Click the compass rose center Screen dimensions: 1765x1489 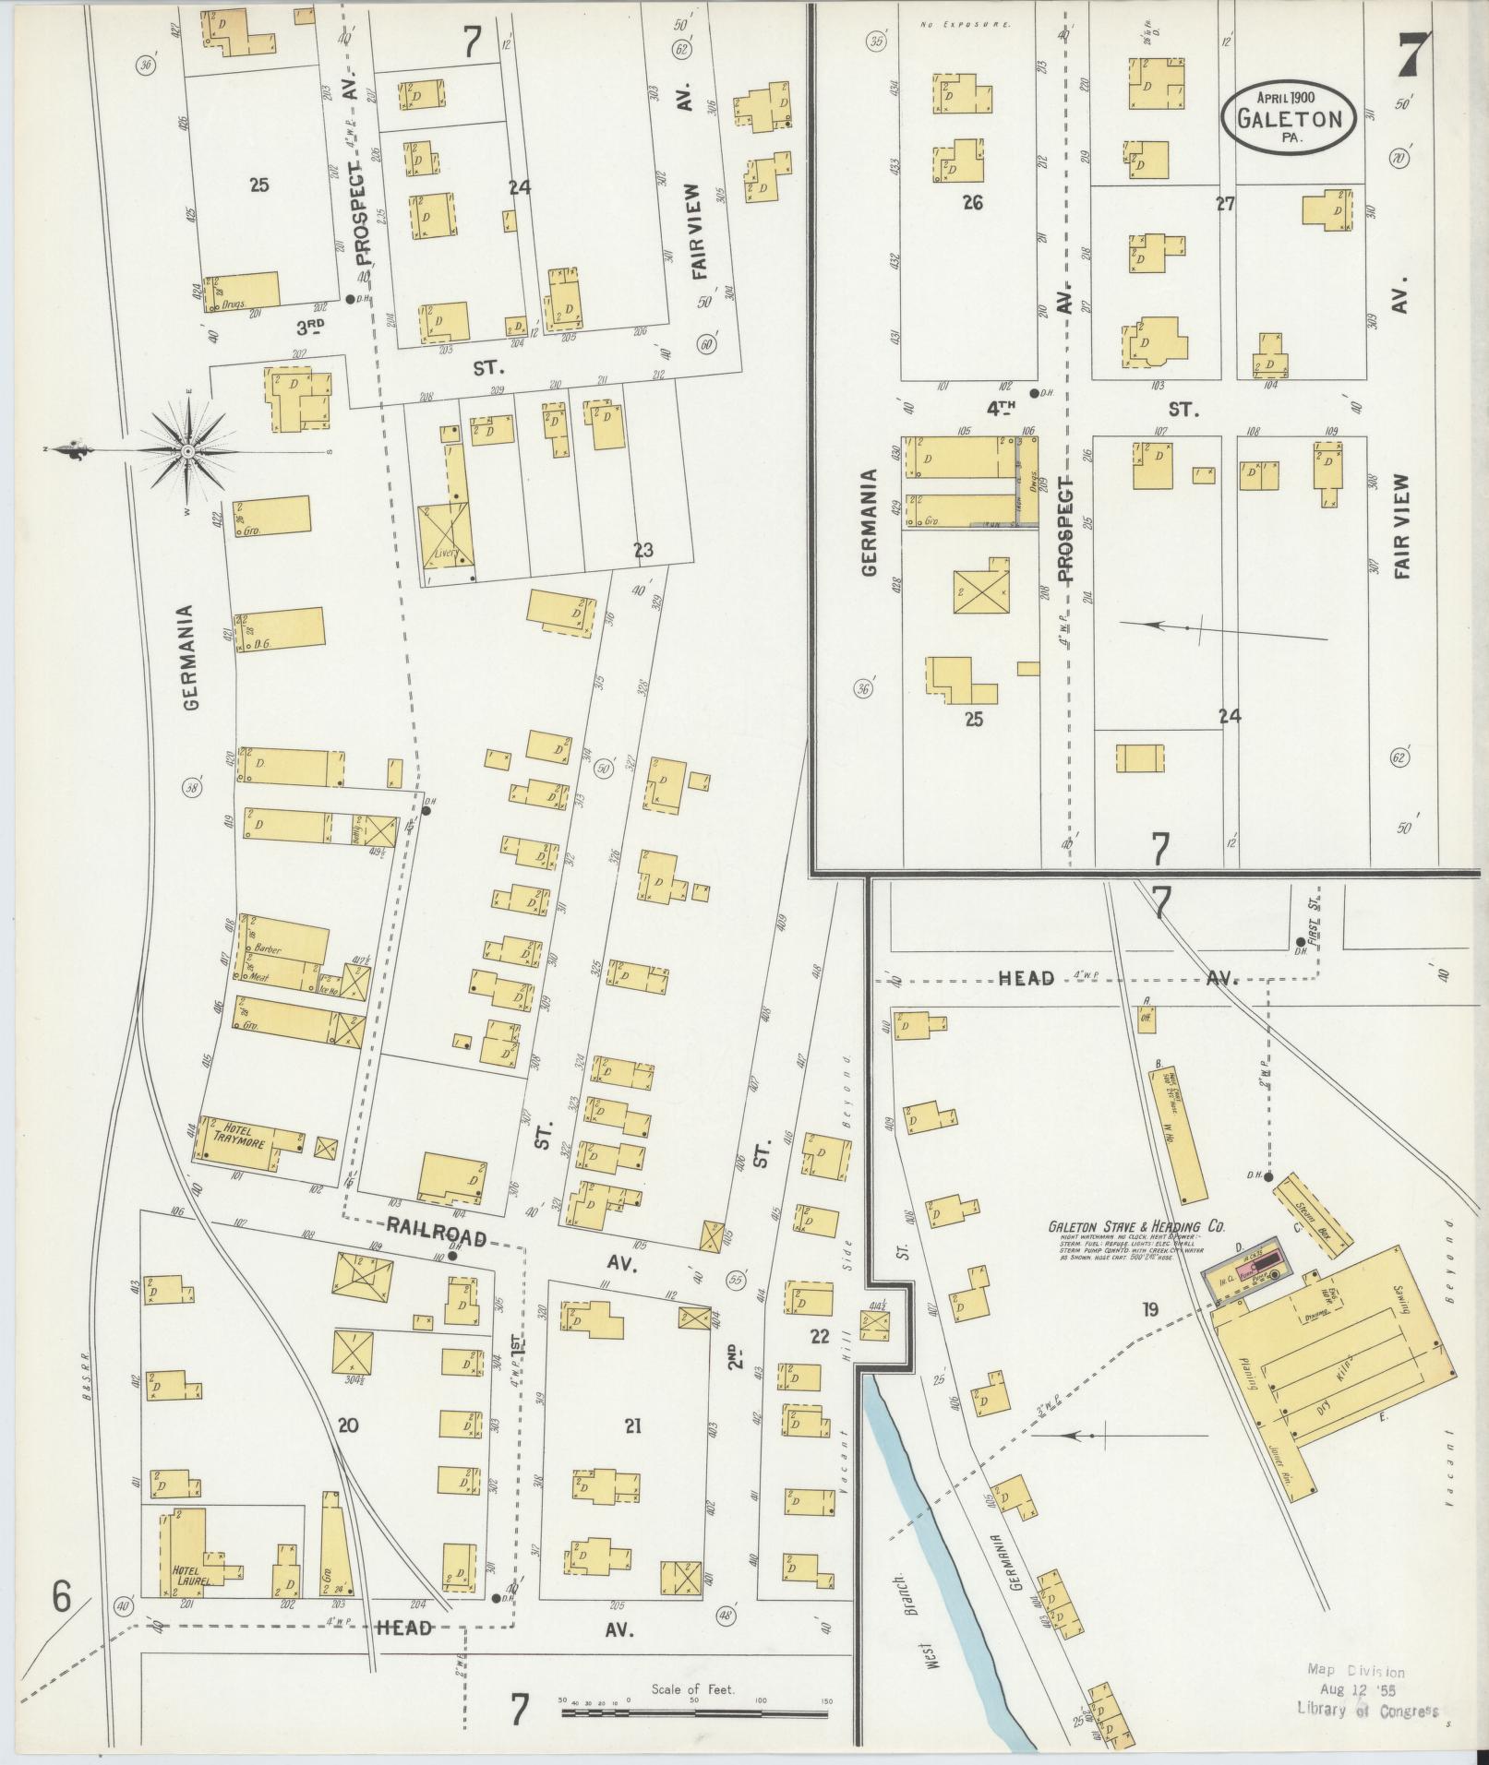[188, 451]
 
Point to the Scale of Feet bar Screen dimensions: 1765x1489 [694, 1714]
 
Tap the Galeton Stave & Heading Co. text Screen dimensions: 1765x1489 [1135, 1227]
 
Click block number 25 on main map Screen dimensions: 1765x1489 [258, 185]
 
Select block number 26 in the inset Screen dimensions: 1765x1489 [972, 203]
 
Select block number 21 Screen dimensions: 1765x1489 [632, 1426]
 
